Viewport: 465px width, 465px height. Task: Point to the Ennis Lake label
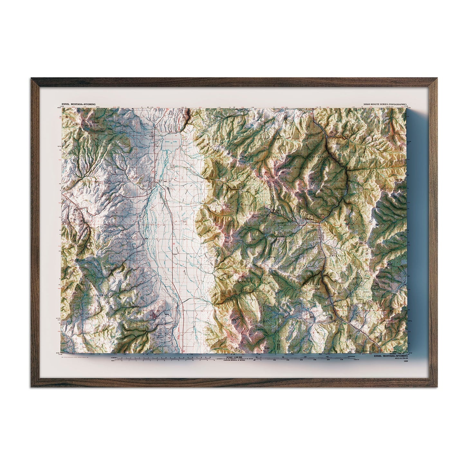[x=171, y=142]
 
